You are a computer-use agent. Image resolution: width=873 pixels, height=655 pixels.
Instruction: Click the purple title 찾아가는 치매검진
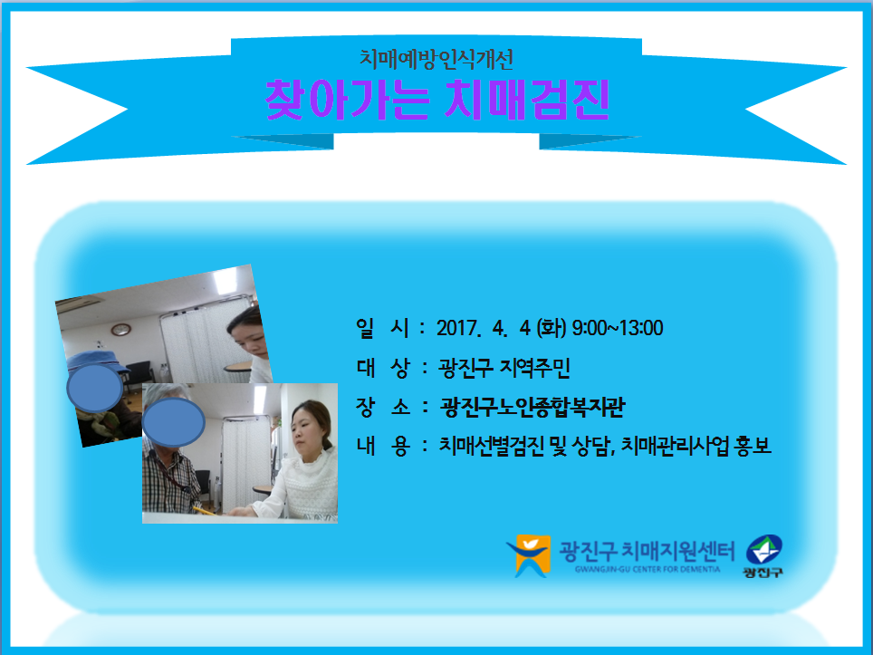click(437, 101)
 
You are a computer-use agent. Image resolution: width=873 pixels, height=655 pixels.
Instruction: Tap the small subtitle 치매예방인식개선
click(436, 59)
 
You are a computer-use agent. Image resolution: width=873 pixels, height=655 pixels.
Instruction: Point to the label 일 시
click(382, 328)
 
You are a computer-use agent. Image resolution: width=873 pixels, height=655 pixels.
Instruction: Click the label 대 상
click(382, 368)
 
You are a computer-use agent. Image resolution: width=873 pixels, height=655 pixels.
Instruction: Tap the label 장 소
click(382, 407)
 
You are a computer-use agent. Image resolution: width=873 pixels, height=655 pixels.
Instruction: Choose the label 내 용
click(382, 446)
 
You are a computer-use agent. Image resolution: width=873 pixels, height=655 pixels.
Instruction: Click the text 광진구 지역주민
click(504, 368)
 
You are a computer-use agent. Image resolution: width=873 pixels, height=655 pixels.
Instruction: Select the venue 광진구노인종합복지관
click(532, 407)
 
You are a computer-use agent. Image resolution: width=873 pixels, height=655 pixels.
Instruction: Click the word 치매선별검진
click(491, 446)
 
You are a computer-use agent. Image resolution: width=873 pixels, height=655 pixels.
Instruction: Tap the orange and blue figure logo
click(529, 555)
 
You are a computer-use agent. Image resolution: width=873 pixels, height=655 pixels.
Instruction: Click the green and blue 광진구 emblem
click(764, 556)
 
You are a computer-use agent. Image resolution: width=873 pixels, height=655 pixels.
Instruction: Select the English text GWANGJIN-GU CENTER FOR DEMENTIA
click(648, 569)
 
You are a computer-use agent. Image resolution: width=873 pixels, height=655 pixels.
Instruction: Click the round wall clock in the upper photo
click(120, 329)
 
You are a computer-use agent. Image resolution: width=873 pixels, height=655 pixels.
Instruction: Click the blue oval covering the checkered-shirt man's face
click(173, 421)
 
